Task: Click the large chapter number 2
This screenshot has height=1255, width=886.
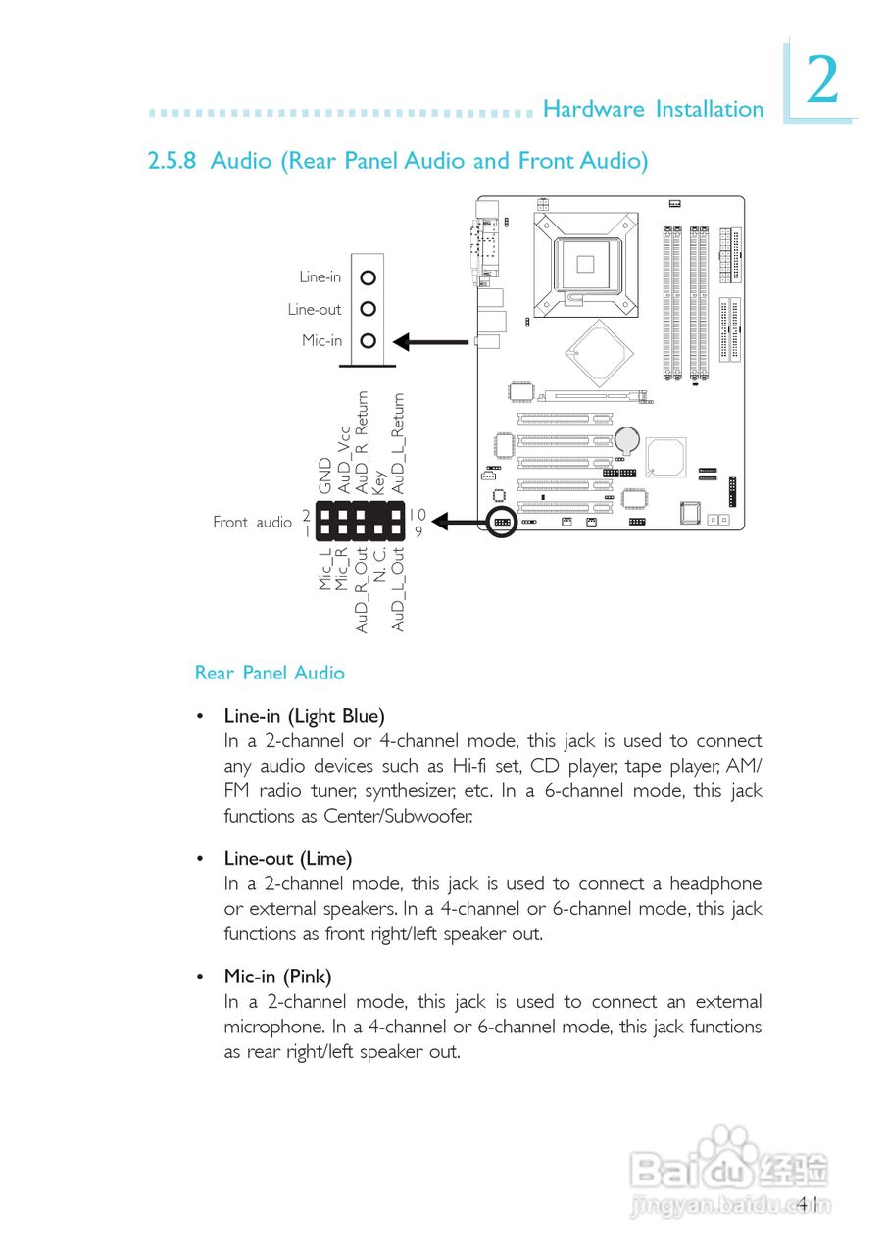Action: (822, 80)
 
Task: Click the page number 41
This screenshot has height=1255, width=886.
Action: (810, 1203)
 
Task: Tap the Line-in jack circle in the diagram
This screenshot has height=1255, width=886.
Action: (369, 277)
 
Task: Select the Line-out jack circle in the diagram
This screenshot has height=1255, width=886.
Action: (369, 309)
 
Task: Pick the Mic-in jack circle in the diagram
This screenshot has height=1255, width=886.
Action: (369, 341)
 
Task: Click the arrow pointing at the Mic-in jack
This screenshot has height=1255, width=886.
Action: (430, 342)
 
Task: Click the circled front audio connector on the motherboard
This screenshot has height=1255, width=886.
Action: (501, 522)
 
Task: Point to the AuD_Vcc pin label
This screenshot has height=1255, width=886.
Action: (343, 459)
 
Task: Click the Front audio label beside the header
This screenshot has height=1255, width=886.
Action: (252, 523)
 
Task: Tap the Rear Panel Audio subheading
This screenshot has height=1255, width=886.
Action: (270, 673)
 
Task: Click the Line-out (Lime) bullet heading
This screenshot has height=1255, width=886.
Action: (287, 859)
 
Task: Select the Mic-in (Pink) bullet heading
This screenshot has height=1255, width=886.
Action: (277, 977)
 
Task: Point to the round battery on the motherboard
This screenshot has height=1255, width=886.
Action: (626, 438)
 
